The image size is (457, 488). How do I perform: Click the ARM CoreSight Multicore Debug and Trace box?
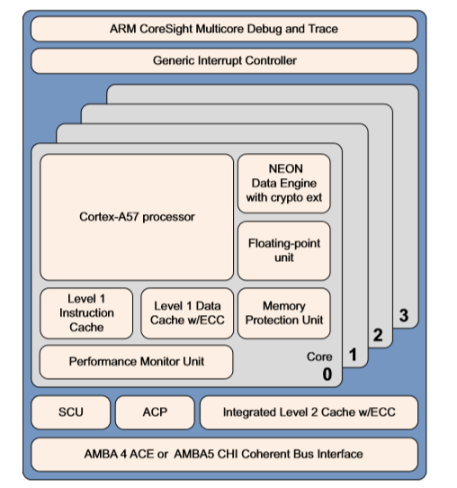click(x=224, y=29)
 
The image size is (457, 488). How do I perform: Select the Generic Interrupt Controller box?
click(x=224, y=60)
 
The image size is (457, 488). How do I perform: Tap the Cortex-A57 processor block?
click(x=137, y=217)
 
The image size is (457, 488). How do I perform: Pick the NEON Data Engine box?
click(x=283, y=184)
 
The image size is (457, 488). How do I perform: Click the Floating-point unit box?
click(x=283, y=250)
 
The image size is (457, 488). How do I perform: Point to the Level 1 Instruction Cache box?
click(x=86, y=313)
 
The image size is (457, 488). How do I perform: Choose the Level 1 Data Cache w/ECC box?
click(x=187, y=313)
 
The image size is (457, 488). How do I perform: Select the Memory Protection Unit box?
click(x=283, y=313)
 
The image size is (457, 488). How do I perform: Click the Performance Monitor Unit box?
click(x=137, y=361)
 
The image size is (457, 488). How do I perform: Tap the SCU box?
click(x=70, y=413)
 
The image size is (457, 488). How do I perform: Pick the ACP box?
click(x=154, y=413)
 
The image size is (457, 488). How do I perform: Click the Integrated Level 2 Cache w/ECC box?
click(x=309, y=413)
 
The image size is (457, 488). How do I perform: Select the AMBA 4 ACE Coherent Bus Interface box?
click(x=224, y=454)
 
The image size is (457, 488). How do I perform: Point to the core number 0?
click(x=327, y=373)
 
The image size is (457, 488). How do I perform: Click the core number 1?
click(x=353, y=357)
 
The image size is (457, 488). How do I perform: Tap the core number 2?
click(x=378, y=336)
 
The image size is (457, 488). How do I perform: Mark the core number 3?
click(x=403, y=315)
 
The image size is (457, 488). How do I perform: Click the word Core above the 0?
click(x=319, y=357)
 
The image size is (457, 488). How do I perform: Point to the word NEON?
click(x=285, y=168)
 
